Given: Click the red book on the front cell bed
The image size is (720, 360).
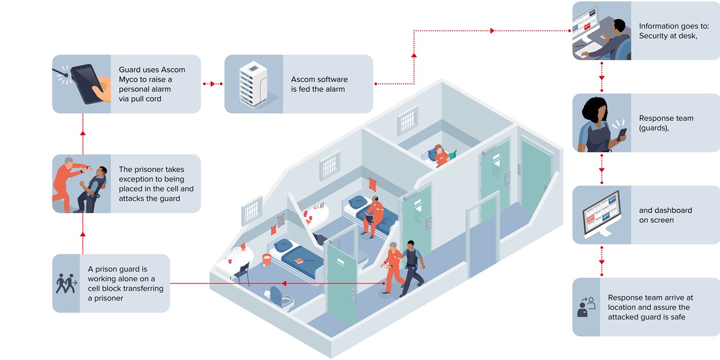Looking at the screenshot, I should (300, 260).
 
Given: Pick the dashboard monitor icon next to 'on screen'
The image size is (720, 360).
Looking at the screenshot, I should (602, 214).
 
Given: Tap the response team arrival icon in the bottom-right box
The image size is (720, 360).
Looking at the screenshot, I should (586, 307).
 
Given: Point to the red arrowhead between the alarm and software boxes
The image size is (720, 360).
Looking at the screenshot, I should (213, 84).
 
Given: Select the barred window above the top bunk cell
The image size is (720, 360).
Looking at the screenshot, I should (408, 120).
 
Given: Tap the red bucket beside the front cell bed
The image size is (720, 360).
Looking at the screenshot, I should (267, 259).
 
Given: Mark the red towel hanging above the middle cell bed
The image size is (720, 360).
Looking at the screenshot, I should (372, 184).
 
